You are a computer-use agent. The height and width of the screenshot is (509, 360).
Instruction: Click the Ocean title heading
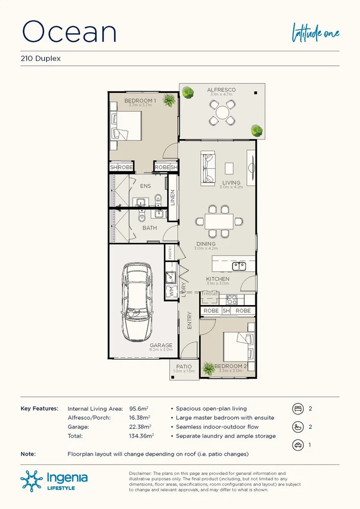coord(70,32)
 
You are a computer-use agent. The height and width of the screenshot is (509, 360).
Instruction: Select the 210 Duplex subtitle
coord(40,59)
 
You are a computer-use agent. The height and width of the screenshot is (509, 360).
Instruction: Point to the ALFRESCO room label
coord(221,90)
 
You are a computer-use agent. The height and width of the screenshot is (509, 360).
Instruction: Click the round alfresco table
coord(223,113)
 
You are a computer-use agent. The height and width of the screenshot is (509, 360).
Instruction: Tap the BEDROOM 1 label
coord(138,100)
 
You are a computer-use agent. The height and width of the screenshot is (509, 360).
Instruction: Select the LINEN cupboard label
coord(173,198)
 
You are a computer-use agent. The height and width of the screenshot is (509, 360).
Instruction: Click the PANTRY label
coord(170,252)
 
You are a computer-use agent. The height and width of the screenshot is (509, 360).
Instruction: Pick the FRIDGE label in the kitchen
coord(210,293)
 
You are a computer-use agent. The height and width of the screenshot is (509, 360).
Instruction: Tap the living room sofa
coord(209,167)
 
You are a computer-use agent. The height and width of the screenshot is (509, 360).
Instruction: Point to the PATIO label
coord(183,367)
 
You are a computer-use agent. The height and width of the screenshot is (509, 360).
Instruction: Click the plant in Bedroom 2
coord(209,369)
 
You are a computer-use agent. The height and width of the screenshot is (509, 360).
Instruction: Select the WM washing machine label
coord(169,292)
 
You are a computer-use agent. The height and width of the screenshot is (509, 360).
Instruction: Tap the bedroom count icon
coord(297,409)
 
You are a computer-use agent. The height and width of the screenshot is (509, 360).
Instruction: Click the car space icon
coord(297,445)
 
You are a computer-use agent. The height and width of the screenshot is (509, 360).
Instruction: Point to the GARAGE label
coord(160,345)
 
